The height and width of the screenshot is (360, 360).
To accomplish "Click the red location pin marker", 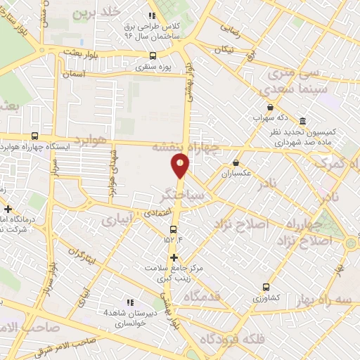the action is (180, 165).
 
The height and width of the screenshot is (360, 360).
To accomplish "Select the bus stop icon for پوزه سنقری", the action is (153, 56).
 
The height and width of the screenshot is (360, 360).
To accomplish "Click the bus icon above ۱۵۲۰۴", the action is (174, 229).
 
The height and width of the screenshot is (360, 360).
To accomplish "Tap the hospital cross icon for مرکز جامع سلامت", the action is (174, 257).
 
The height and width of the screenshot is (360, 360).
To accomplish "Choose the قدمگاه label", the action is (202, 297).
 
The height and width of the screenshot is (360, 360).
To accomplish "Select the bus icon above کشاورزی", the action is (266, 287).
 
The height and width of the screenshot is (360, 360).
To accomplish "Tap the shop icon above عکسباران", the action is (236, 162).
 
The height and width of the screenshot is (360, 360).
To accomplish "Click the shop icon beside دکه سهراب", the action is (270, 107).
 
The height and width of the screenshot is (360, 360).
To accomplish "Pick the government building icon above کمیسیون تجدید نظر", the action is (302, 120).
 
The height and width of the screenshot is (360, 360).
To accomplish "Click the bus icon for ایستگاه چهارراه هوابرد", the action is (34, 136).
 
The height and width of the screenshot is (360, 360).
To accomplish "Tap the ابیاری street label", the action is (116, 220).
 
